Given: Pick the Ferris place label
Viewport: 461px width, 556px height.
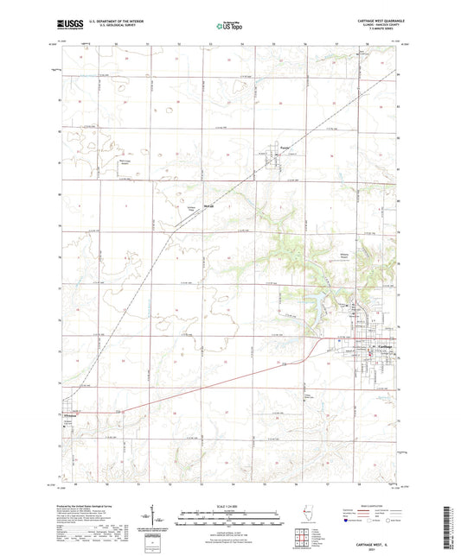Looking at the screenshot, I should (x=283, y=148).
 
